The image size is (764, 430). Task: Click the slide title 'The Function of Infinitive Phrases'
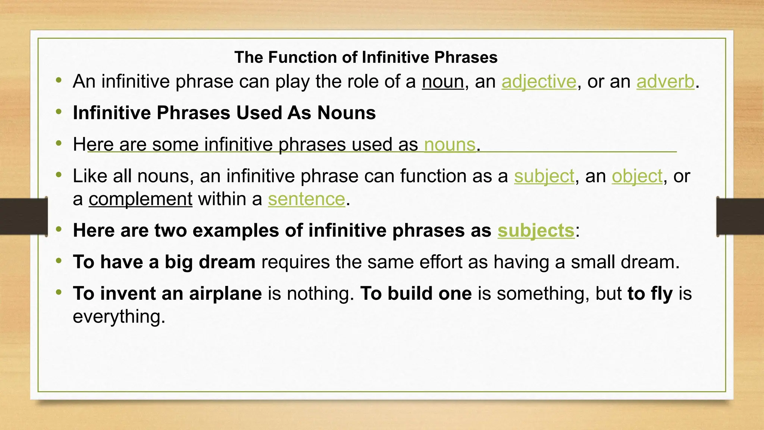point(366,57)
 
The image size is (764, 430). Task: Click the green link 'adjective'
point(539,81)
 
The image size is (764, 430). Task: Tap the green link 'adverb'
point(665,81)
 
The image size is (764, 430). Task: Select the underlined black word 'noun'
point(443,81)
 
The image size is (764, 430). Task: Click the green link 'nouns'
point(450,144)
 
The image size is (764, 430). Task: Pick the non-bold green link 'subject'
point(544,176)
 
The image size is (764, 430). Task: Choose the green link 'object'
point(637,176)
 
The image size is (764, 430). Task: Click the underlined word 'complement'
point(140,199)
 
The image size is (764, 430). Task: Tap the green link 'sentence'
point(306,199)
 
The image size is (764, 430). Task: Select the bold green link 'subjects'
point(536,230)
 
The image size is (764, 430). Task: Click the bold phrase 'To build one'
point(416,293)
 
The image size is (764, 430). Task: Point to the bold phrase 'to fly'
point(650,293)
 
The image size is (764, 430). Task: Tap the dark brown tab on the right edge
point(740,216)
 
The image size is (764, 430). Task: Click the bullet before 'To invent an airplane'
point(59,292)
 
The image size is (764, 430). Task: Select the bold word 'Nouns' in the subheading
point(346,113)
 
